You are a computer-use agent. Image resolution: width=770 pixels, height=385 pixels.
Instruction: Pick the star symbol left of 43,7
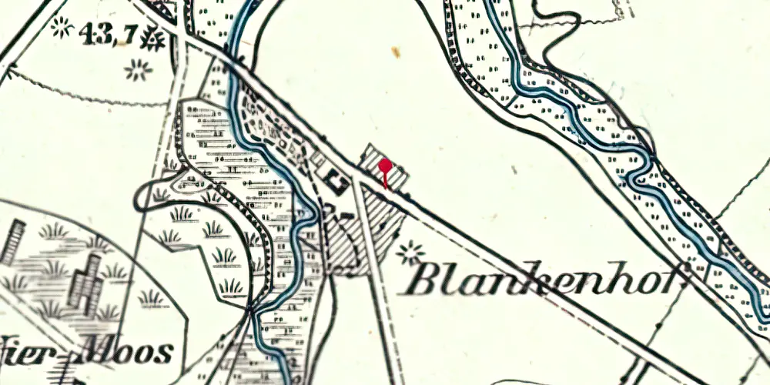(60, 28)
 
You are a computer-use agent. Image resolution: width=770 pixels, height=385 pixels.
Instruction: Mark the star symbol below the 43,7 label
(139, 71)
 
